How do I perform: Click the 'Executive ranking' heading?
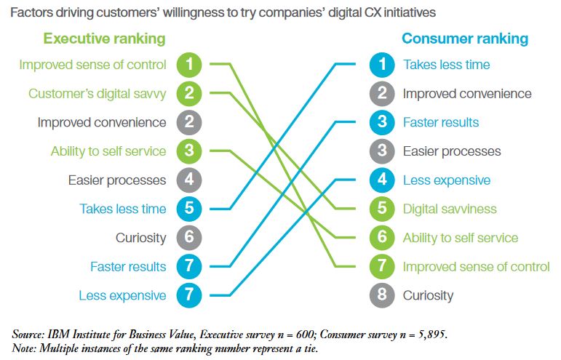[105, 39]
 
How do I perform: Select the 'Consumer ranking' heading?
[465, 39]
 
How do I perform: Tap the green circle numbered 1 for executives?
[189, 65]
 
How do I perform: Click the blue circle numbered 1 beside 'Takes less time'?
[382, 65]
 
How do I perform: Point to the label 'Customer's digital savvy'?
[98, 94]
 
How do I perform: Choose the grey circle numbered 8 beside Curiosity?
[382, 295]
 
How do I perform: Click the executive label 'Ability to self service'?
[108, 151]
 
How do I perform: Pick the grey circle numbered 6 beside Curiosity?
[189, 238]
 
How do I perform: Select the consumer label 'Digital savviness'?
[450, 209]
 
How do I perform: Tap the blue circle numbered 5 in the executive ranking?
[189, 209]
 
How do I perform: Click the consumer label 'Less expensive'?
[447, 180]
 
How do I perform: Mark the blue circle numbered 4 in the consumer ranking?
[382, 180]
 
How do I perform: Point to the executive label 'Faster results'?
[128, 266]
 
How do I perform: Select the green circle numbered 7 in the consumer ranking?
[382, 266]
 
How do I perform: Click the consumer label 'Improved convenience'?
[467, 94]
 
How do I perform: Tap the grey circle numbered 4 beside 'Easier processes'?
[189, 180]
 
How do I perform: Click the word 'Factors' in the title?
[32, 13]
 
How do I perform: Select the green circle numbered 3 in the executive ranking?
[189, 151]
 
